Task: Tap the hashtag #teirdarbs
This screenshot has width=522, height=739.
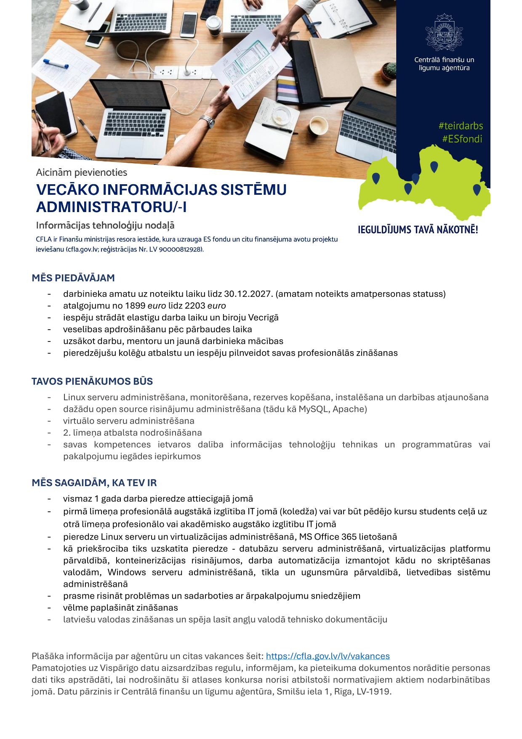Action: click(461, 126)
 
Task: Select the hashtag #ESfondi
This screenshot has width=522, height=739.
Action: click(462, 139)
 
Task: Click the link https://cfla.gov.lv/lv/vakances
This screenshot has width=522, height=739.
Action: click(328, 656)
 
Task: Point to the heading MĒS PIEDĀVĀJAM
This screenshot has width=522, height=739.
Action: click(73, 278)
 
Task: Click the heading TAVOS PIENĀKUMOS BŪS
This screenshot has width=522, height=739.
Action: click(92, 382)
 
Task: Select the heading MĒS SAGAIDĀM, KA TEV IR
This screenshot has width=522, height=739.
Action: click(94, 483)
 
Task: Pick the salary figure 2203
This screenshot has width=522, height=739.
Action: click(195, 306)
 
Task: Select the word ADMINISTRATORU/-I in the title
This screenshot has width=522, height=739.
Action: click(112, 207)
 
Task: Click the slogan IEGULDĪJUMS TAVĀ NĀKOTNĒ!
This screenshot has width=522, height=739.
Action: click(418, 230)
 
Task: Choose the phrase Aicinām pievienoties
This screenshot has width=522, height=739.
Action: click(82, 172)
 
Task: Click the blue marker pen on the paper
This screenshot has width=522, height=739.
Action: click(56, 64)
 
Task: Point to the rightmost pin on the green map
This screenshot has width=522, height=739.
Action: click(477, 190)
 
